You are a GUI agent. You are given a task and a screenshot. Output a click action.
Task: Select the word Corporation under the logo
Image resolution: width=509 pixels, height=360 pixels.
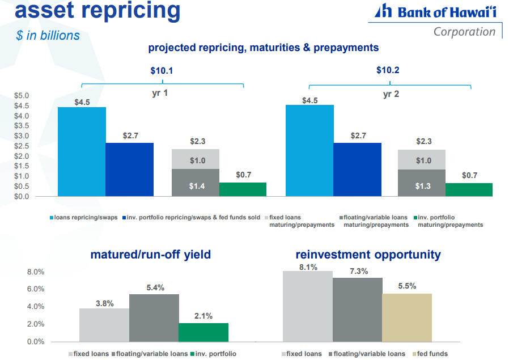pyautogui.click(x=464, y=32)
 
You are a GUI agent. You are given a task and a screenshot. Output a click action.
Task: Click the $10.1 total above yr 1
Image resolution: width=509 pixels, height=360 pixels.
pyautogui.click(x=162, y=71)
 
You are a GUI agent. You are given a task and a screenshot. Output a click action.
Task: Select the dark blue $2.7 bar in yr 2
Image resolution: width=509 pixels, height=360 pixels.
pyautogui.click(x=357, y=170)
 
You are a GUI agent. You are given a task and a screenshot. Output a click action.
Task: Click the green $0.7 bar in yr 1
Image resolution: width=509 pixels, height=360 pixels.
pyautogui.click(x=243, y=189)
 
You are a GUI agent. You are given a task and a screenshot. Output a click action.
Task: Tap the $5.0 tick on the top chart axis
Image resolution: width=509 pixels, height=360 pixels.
pyautogui.click(x=22, y=95)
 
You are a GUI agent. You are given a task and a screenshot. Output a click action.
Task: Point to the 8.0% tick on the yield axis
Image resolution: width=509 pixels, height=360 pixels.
pyautogui.click(x=36, y=272)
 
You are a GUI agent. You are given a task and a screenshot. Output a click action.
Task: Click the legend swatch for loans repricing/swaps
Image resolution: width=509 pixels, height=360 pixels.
pyautogui.click(x=52, y=218)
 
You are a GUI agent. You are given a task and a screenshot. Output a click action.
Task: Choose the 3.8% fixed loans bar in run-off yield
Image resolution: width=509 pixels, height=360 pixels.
pyautogui.click(x=104, y=325)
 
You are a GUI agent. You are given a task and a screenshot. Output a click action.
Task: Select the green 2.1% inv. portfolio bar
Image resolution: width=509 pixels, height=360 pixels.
pyautogui.click(x=203, y=332)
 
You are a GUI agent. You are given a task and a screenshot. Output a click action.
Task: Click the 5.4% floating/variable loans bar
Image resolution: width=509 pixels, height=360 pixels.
pyautogui.click(x=154, y=317)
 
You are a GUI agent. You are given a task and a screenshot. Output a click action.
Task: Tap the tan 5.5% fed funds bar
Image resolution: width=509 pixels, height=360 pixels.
pyautogui.click(x=406, y=317)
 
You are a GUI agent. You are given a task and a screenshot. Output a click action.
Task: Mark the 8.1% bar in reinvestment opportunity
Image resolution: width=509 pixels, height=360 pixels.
pyautogui.click(x=308, y=306)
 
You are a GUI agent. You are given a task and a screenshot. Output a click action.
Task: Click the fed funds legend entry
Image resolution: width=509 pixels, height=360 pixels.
pyautogui.click(x=432, y=354)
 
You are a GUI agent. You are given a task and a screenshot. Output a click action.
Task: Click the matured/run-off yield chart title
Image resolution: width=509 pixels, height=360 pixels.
pyautogui.click(x=150, y=255)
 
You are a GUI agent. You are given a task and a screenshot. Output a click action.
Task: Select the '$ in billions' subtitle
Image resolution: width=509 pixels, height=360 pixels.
pyautogui.click(x=48, y=35)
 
